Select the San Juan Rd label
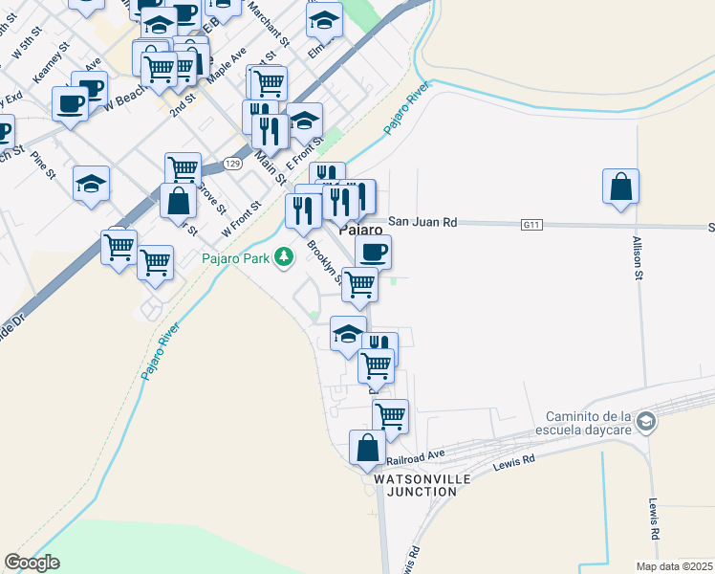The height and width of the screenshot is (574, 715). click(x=422, y=222)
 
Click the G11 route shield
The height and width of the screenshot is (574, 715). click(x=531, y=224)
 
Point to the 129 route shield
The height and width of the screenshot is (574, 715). click(x=232, y=165)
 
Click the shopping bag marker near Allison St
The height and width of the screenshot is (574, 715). click(x=620, y=187)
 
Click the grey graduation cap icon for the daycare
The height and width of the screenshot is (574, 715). click(x=647, y=422)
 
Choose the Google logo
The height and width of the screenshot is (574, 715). click(x=32, y=563)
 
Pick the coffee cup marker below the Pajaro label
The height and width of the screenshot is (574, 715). click(x=373, y=252)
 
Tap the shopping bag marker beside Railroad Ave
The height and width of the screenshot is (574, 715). click(x=368, y=447)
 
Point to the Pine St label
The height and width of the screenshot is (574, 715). click(x=43, y=164)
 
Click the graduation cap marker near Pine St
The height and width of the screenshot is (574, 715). click(x=91, y=183)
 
